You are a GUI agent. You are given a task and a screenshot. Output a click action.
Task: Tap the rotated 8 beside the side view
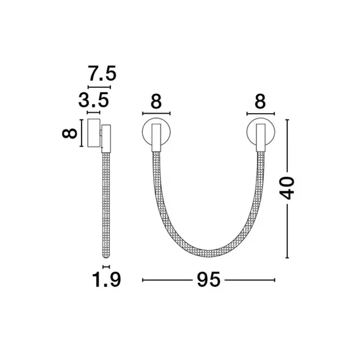pyautogui.click(x=71, y=133)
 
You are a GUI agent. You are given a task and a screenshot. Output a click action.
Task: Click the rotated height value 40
pyautogui.click(x=289, y=188)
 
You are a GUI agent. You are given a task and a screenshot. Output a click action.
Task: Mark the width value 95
pyautogui.click(x=209, y=279)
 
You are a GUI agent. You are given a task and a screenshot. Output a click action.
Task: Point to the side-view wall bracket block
pyautogui.click(x=93, y=132)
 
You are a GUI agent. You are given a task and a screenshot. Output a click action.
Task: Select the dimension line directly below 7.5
pyautogui.click(x=99, y=87)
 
